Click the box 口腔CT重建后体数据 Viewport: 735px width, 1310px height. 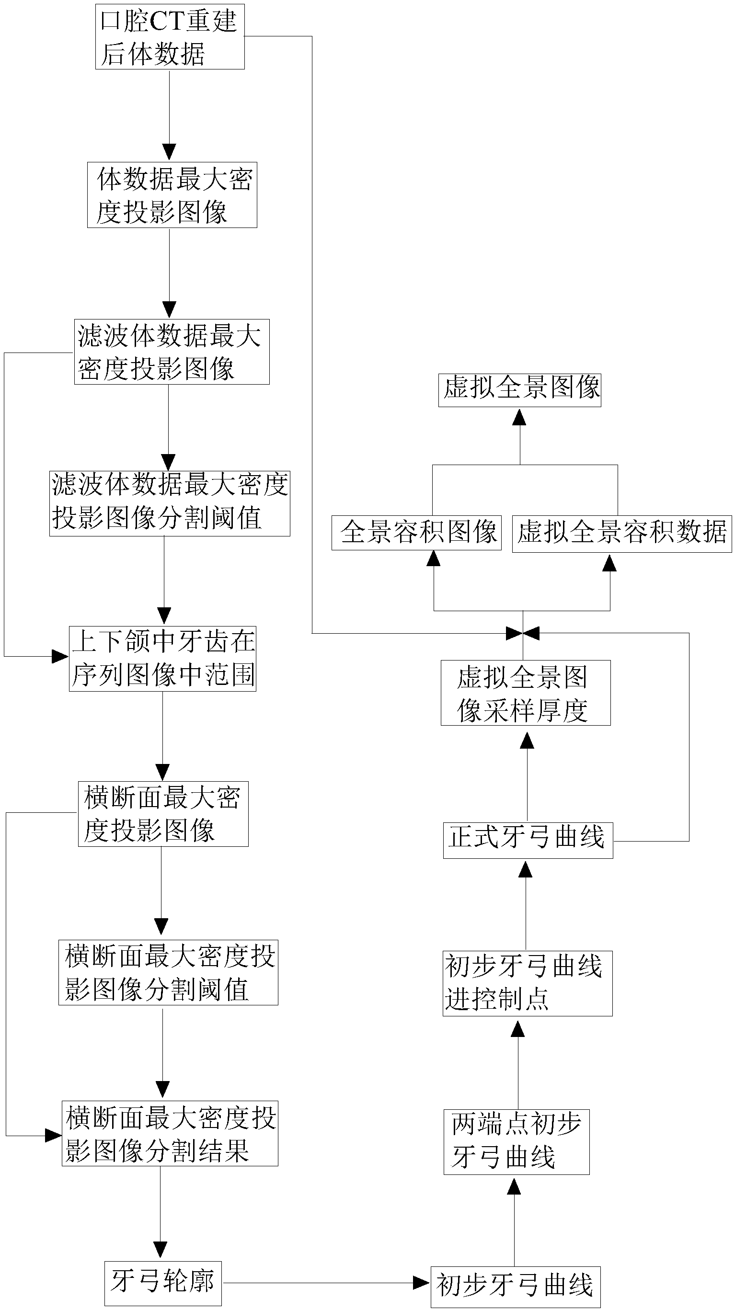pyautogui.click(x=170, y=36)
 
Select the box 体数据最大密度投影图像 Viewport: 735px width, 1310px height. pyautogui.click(x=172, y=195)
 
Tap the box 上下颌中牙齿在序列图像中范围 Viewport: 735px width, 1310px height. pyautogui.click(x=162, y=659)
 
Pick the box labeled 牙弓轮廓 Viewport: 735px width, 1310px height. pyautogui.click(x=163, y=1283)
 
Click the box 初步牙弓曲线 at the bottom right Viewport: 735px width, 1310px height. pyautogui.click(x=515, y=1287)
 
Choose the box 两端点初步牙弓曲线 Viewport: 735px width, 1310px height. pyautogui.click(x=517, y=1142)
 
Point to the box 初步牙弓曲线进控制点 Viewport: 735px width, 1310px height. pyautogui.click(x=527, y=983)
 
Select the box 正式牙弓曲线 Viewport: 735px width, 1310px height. pyautogui.click(x=528, y=840)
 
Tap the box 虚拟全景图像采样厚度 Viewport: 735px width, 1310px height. pyautogui.click(x=525, y=693)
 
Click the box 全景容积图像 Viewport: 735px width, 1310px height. pyautogui.click(x=416, y=533)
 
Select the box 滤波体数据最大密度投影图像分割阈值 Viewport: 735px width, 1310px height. pyautogui.click(x=170, y=503)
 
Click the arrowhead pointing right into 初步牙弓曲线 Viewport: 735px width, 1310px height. pyautogui.click(x=421, y=1283)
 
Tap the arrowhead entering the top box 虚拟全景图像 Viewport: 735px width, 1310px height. pyautogui.click(x=519, y=417)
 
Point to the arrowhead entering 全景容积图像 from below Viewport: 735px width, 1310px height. pyautogui.click(x=433, y=558)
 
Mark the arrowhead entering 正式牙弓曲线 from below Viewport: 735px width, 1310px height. pyautogui.click(x=526, y=870)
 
